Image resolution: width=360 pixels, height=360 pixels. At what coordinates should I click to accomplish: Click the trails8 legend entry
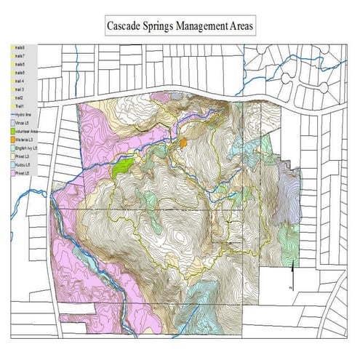tap(18, 47)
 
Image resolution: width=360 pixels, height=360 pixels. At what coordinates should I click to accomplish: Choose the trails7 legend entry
tap(18, 56)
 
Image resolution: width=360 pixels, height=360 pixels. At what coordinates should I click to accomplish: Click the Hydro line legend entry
tap(20, 115)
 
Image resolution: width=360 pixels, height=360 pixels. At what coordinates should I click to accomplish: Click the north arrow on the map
tap(292, 276)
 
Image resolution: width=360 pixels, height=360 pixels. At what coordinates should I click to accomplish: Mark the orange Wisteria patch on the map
tap(184, 143)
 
